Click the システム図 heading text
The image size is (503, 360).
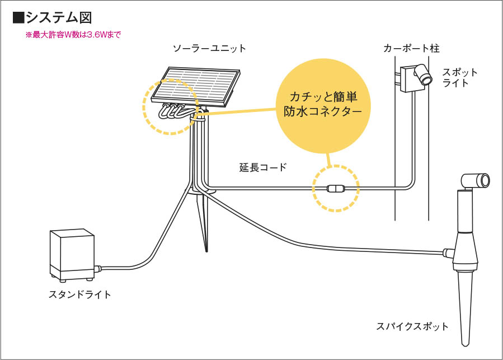(59, 18)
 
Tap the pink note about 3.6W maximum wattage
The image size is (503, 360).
(73, 35)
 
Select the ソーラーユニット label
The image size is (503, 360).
(209, 49)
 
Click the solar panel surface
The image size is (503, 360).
(196, 86)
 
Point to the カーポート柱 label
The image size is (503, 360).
(411, 49)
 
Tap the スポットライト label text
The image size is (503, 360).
(460, 78)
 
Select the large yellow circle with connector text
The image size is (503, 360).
(323, 106)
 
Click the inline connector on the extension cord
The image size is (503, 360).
(336, 189)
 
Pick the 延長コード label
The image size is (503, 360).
(263, 167)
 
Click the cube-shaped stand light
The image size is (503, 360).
(72, 255)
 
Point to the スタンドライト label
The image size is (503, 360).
(80, 294)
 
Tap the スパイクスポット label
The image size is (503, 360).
(412, 326)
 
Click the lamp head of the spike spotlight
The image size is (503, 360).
(476, 181)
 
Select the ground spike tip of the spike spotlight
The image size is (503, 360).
(465, 344)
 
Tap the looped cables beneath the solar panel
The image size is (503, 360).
(174, 111)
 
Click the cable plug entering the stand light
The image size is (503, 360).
(97, 269)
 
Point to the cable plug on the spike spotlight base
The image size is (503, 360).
(448, 253)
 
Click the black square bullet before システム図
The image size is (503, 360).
(18, 18)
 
